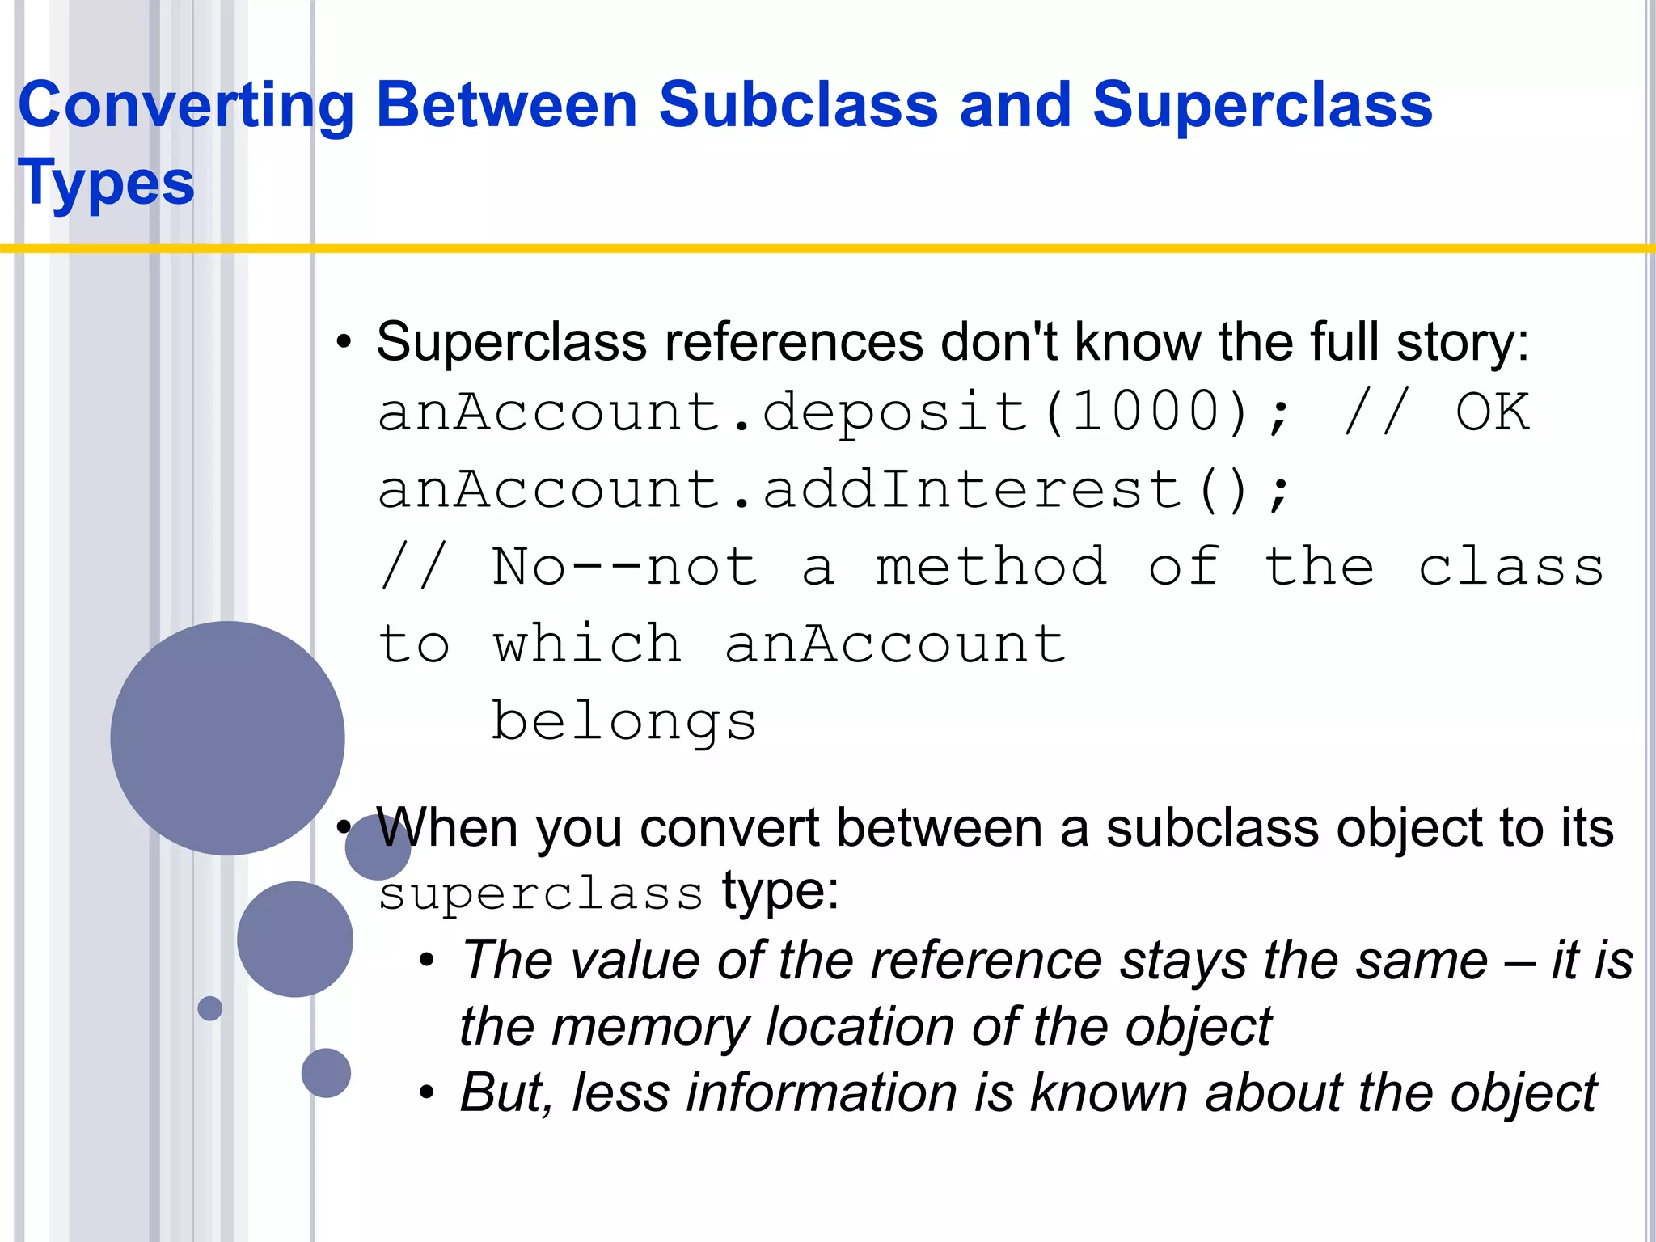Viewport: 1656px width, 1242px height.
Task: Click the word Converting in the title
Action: tap(186, 107)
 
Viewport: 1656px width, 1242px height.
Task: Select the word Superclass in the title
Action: tap(1262, 105)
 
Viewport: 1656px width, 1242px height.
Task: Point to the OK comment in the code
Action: tap(1493, 412)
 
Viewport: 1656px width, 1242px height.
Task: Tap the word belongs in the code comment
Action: tap(624, 721)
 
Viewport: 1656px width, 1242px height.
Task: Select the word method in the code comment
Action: tap(991, 567)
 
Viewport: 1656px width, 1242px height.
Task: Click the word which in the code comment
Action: tap(588, 644)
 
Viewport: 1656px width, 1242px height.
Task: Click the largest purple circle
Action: tap(227, 737)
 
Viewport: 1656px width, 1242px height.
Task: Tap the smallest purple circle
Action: tap(210, 1008)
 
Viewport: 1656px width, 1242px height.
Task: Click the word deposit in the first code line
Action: tap(894, 412)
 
